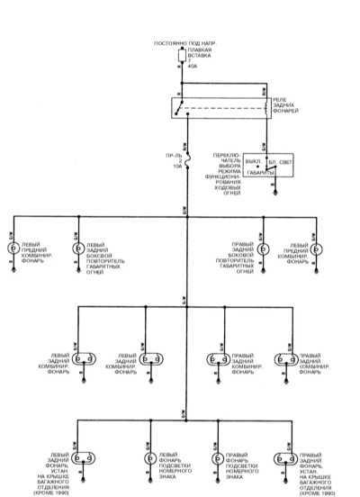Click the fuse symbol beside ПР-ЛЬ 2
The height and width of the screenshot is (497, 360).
coord(185,162)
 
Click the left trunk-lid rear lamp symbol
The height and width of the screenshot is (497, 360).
coord(79,457)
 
